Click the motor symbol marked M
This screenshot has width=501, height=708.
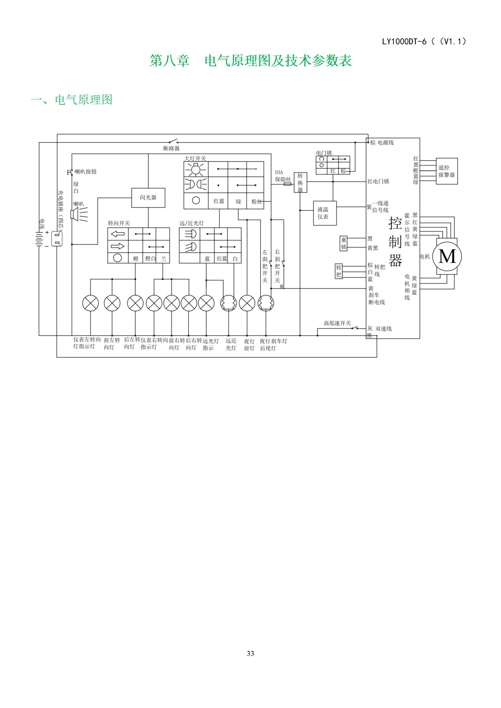[447, 256]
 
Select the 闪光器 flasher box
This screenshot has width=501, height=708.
[148, 198]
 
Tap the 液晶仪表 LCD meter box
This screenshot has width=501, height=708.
[325, 213]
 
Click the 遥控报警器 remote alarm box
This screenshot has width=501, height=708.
[447, 171]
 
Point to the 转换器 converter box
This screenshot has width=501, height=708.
[300, 182]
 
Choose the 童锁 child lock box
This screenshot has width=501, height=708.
[343, 243]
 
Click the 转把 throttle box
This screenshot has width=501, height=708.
[339, 271]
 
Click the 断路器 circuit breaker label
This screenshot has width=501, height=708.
[171, 148]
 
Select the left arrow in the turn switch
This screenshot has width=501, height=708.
[118, 234]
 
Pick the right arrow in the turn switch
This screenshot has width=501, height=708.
[118, 246]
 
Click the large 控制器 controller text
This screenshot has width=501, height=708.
[395, 242]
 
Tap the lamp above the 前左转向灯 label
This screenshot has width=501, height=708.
[112, 303]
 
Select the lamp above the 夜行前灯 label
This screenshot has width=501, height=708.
[247, 303]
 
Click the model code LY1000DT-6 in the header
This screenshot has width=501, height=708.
[404, 41]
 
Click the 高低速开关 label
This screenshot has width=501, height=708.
[337, 323]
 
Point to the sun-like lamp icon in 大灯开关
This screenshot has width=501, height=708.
[196, 169]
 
